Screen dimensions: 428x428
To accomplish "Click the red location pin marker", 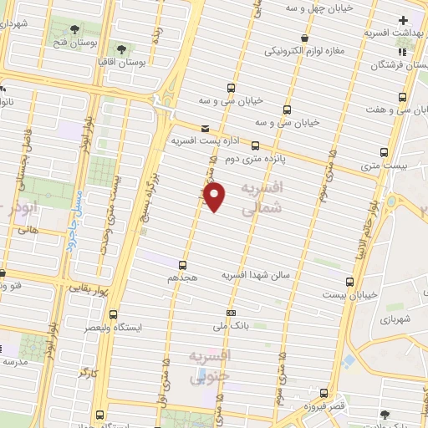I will pyautogui.click(x=216, y=197).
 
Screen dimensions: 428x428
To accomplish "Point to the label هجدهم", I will pyautogui.click(x=183, y=275).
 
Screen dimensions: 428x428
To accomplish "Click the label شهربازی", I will pyautogui.click(x=393, y=318).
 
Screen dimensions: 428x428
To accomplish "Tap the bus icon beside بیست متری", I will pyautogui.click(x=385, y=152).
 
